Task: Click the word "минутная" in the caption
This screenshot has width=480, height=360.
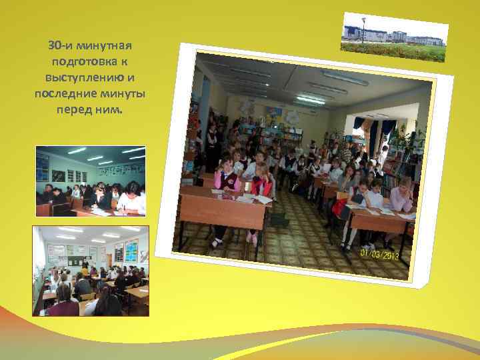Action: tap(105, 46)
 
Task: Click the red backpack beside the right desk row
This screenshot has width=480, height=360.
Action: tap(341, 207)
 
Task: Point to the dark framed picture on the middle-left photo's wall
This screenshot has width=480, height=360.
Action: tap(59, 175)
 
